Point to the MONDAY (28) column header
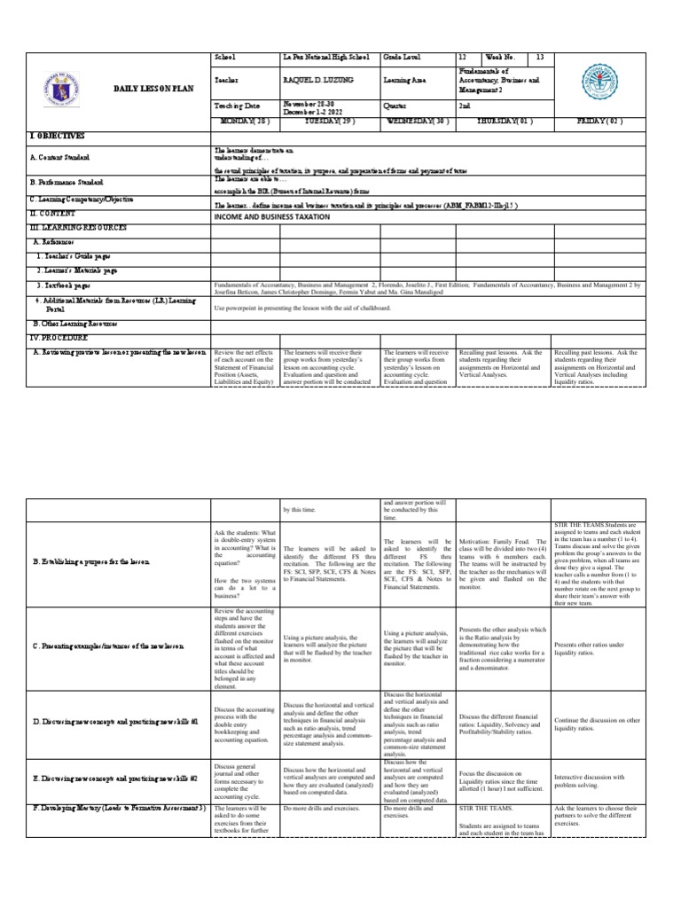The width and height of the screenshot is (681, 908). click(x=246, y=121)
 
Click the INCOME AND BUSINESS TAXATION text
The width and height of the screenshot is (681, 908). click(x=271, y=216)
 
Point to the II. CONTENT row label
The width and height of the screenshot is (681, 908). click(x=56, y=215)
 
